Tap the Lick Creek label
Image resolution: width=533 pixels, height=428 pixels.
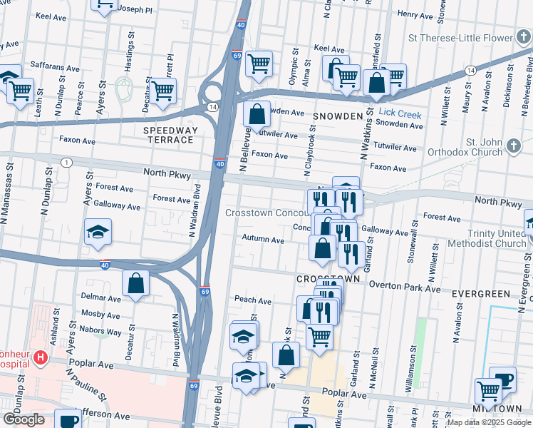[400, 114]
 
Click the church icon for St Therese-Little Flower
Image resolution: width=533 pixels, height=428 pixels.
[523, 38]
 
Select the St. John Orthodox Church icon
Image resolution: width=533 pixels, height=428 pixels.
[514, 146]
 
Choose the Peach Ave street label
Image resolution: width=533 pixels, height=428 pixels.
[252, 301]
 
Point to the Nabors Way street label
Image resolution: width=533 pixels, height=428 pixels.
[100, 332]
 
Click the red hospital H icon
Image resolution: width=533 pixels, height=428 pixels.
[41, 357]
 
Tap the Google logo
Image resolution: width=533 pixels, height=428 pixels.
[24, 419]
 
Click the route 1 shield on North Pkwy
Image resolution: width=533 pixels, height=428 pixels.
[66, 163]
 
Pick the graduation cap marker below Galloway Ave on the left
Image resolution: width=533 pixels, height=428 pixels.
[98, 232]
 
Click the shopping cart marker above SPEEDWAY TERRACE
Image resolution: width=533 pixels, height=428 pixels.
[163, 91]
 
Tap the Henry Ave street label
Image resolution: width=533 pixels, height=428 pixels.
[415, 14]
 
